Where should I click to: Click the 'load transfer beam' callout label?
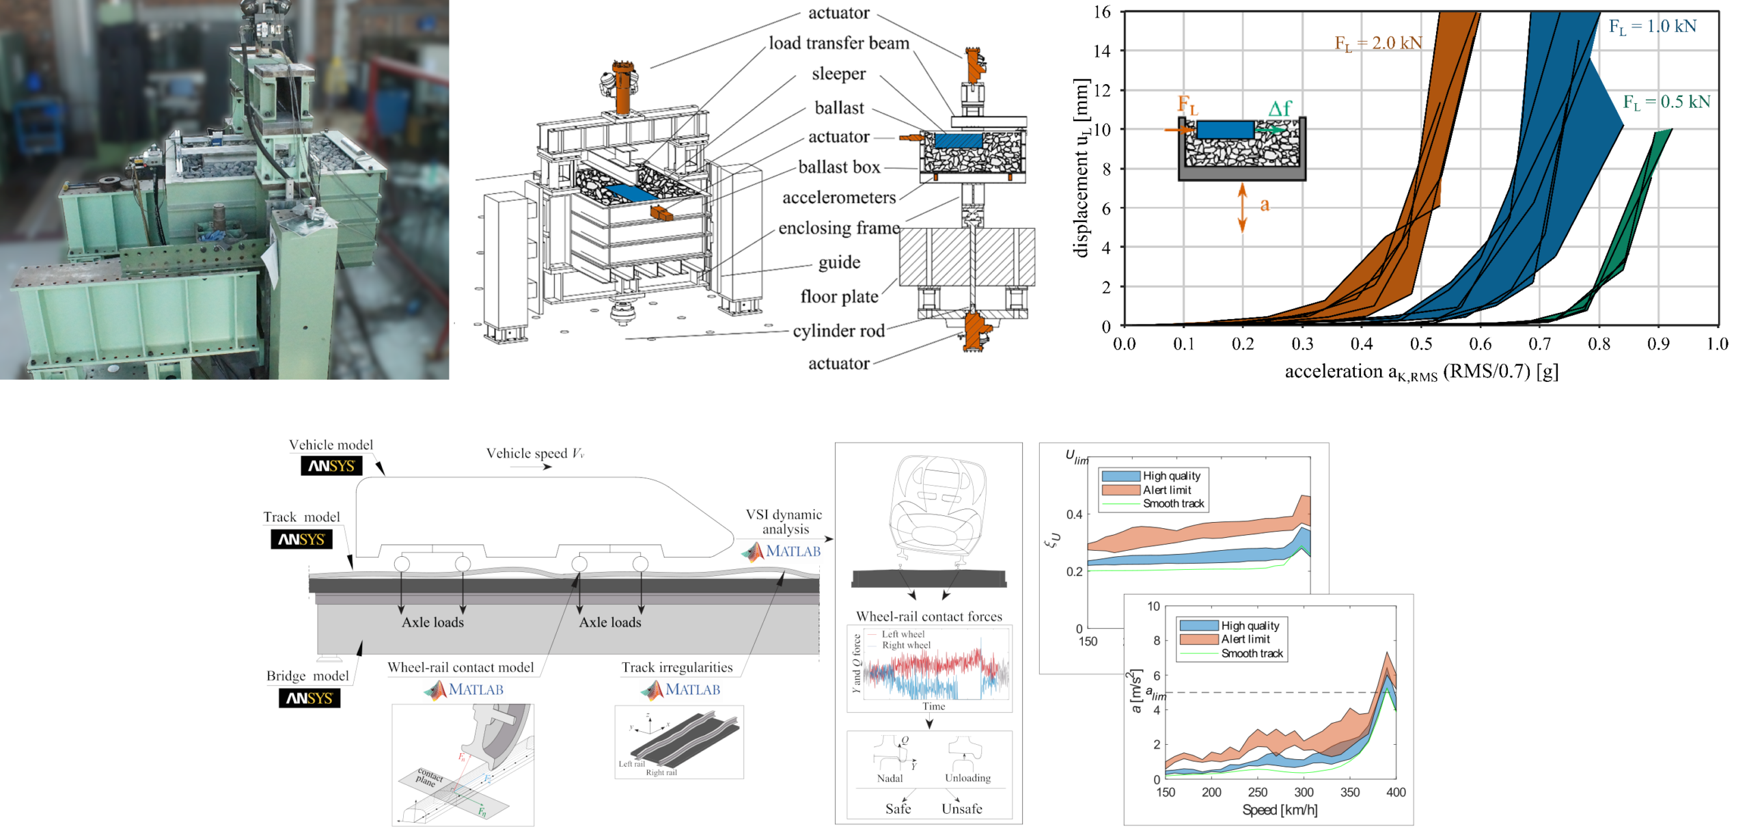[839, 43]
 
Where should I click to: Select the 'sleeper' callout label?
[838, 74]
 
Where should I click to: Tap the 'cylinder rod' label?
[838, 331]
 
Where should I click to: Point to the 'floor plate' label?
[839, 297]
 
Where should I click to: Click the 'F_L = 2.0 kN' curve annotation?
[1378, 43]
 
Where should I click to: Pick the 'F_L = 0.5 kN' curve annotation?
[1666, 102]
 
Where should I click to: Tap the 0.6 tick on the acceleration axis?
[1480, 344]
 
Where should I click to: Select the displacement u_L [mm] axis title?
[1080, 168]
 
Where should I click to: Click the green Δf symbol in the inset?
[1279, 109]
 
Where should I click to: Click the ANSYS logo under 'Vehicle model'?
[331, 466]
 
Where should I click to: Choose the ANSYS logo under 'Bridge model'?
[309, 698]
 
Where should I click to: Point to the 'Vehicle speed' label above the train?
[535, 454]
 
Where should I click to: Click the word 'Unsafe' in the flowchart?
[961, 809]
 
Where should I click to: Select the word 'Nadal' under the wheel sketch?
[890, 778]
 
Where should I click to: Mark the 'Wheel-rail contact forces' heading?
[928, 616]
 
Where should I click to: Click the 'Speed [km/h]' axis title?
[1279, 810]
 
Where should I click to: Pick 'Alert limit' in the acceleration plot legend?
[1245, 640]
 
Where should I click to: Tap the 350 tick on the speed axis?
[1349, 793]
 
